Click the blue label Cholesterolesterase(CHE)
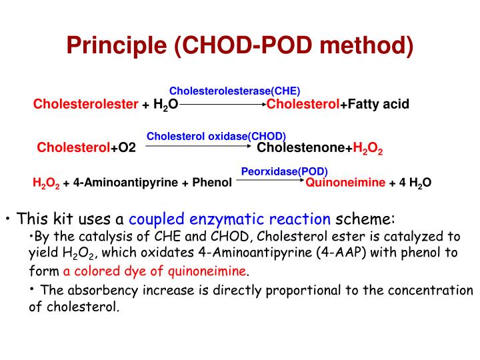tap(235, 91)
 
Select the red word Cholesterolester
tap(86, 105)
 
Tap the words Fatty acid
tap(378, 105)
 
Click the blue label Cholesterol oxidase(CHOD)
tap(216, 136)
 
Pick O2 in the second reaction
tap(127, 148)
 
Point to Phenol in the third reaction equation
tap(212, 181)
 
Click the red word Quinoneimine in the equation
tap(345, 181)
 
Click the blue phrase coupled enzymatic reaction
tap(229, 219)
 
